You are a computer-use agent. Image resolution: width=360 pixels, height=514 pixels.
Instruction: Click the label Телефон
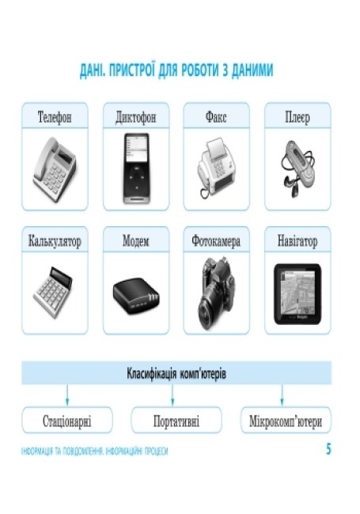point(55,117)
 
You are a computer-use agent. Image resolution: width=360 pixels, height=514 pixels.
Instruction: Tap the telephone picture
point(55,169)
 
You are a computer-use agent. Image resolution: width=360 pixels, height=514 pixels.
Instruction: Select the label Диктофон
point(136,117)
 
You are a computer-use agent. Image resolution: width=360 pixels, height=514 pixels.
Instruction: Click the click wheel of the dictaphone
point(136,177)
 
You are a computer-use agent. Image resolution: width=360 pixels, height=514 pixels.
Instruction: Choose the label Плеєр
point(297,117)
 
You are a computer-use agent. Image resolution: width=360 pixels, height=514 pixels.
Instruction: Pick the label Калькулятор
point(55,241)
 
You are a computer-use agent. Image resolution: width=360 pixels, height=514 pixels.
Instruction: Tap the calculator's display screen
point(61,276)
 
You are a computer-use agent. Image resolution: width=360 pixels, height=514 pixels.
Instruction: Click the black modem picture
point(136,296)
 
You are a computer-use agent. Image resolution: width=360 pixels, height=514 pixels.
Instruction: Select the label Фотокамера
point(216,241)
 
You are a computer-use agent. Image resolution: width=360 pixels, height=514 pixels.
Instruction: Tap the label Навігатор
point(297,241)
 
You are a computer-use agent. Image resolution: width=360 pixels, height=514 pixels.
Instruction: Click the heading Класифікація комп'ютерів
point(176,373)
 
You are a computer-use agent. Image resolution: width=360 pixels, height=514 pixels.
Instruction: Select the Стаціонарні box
point(67,421)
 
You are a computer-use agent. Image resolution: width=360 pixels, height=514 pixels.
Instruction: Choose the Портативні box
point(176,421)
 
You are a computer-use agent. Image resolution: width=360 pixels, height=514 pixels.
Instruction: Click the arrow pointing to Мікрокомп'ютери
point(282,395)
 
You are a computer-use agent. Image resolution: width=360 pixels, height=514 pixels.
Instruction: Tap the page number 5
point(328,449)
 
